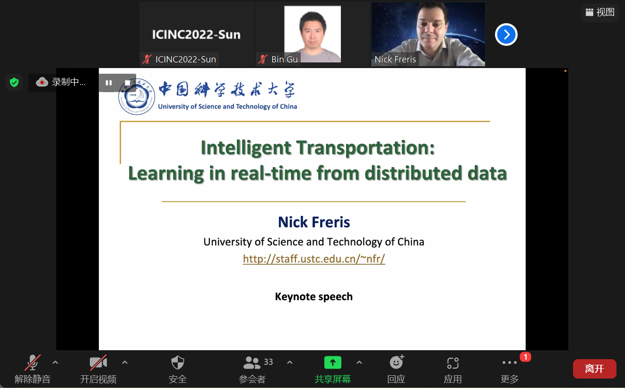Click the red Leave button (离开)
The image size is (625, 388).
594,369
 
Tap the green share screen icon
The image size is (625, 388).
332,362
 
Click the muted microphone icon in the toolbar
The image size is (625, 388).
33,362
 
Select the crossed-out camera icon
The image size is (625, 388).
98,362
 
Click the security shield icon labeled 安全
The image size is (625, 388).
177,362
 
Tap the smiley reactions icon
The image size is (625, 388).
397,362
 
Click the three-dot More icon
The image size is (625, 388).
510,362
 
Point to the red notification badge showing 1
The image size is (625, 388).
525,357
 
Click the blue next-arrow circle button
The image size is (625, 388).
506,34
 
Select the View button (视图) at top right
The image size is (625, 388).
600,12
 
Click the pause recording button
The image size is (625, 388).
109,83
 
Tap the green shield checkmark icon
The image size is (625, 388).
14,82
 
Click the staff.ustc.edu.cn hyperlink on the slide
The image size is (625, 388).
314,259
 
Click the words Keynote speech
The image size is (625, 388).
314,296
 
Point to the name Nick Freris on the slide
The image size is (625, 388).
314,222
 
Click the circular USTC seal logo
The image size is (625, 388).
137,96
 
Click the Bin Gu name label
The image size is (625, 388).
284,59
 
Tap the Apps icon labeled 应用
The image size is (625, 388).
452,363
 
